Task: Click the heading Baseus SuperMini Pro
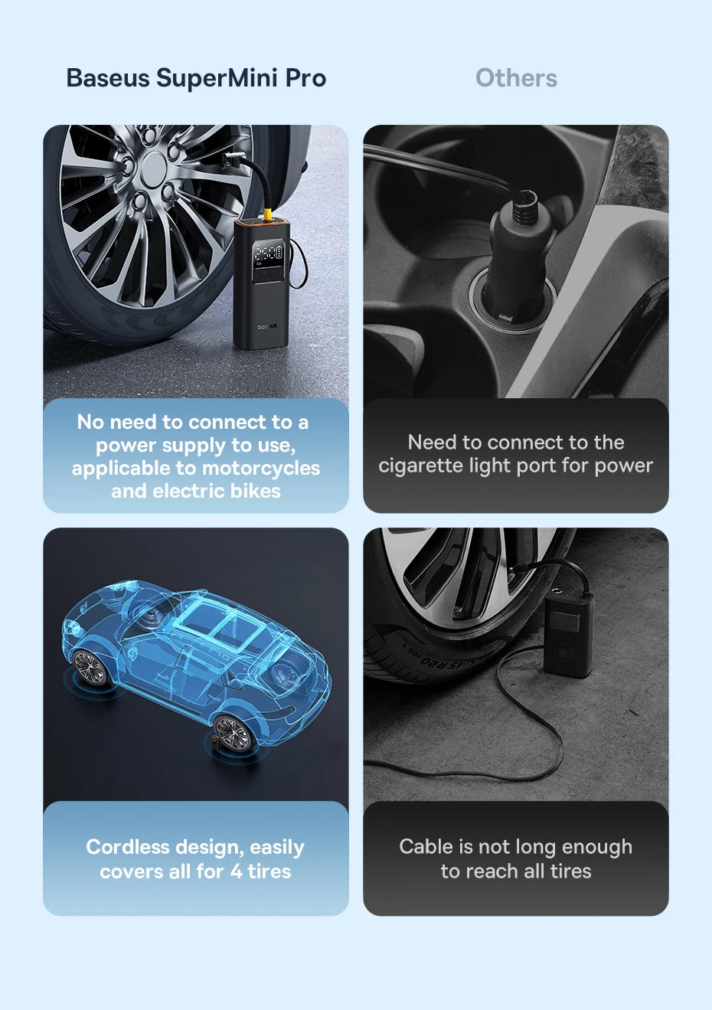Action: tap(196, 78)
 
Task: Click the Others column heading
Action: tap(516, 78)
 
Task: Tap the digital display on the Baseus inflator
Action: tap(269, 253)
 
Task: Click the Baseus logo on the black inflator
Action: tap(267, 326)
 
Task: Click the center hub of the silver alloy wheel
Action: tap(154, 166)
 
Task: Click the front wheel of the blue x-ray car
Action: tap(90, 668)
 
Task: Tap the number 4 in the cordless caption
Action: tap(236, 871)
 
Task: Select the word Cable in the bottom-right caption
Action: tap(426, 847)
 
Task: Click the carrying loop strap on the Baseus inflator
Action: tap(300, 261)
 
